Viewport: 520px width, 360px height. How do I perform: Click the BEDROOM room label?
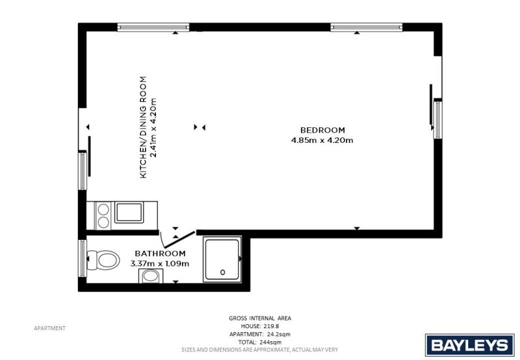click(x=322, y=130)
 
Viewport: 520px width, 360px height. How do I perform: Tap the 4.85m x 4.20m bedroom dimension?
click(x=322, y=140)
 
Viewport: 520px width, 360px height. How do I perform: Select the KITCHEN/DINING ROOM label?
click(x=143, y=127)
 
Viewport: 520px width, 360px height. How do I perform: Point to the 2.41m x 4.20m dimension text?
click(x=153, y=127)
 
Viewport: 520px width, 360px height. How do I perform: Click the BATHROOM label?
click(x=160, y=253)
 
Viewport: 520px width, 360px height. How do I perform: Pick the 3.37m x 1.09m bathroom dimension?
click(x=160, y=264)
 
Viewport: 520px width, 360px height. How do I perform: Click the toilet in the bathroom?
click(x=103, y=260)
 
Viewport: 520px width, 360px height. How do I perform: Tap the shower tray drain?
click(x=222, y=272)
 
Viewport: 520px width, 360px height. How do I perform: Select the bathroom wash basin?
click(x=151, y=276)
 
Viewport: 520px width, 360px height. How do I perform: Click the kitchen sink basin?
click(x=129, y=212)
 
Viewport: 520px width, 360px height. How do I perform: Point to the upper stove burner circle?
click(x=103, y=209)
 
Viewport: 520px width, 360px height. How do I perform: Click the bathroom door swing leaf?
click(x=179, y=239)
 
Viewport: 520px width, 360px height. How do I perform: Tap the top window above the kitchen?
click(x=153, y=27)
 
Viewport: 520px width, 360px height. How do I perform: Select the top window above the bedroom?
click(x=367, y=27)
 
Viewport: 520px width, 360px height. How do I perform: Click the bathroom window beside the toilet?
click(x=83, y=258)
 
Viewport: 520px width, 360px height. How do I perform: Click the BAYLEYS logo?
click(x=469, y=345)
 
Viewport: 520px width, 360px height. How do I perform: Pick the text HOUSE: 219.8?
click(x=260, y=326)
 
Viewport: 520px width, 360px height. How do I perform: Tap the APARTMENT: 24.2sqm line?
click(x=260, y=334)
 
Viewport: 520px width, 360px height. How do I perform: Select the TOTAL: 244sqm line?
click(x=260, y=342)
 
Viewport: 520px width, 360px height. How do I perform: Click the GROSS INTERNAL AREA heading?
click(x=260, y=318)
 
